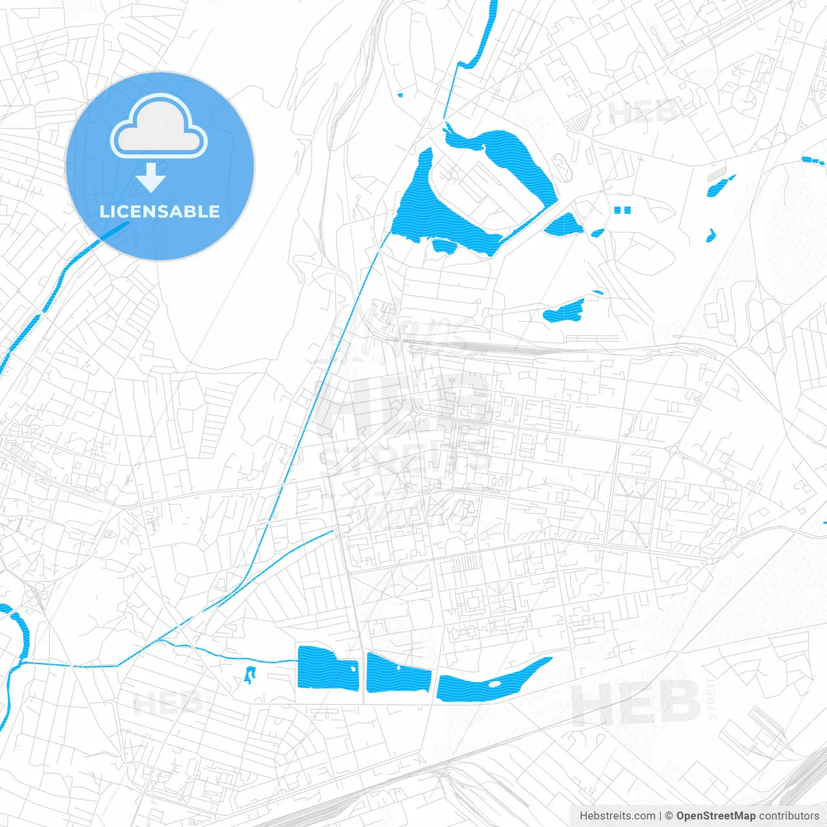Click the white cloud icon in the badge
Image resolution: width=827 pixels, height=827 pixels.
159,127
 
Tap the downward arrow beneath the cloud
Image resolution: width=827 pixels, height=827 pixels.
151,178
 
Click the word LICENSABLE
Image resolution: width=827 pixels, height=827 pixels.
160,211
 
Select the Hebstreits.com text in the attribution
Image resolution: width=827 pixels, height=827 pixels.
617,816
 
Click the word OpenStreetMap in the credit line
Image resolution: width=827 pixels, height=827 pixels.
715,816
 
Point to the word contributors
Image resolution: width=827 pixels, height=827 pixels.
789,816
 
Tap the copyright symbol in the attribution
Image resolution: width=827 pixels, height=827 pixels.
669,816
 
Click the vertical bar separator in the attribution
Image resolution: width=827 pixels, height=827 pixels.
660,816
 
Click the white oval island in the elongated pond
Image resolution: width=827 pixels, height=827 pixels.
494,683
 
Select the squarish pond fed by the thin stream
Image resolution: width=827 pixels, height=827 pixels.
327,667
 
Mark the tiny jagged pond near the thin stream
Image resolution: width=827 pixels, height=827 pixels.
249,675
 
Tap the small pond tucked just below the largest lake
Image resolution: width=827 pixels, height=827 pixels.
443,245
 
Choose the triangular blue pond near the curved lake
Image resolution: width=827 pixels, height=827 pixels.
563,225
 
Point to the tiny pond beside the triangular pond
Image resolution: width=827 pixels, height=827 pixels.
598,233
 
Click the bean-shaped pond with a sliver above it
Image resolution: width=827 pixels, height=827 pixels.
564,311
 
